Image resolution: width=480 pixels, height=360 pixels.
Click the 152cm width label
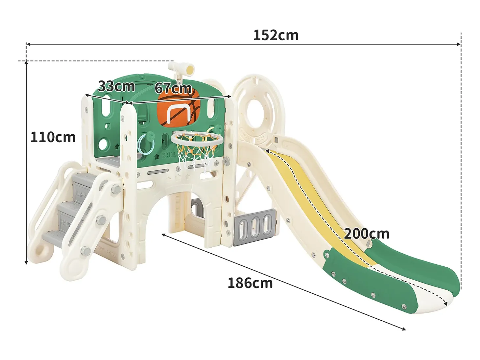[276, 35]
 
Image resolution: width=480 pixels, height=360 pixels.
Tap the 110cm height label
[53, 137]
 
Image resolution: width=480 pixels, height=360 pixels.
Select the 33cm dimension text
[116, 86]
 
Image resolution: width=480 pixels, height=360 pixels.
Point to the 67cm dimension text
[173, 88]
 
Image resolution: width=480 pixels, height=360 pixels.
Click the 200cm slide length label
[367, 234]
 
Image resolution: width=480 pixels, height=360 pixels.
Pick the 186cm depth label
[250, 283]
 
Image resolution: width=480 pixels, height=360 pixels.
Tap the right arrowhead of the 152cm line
[459, 44]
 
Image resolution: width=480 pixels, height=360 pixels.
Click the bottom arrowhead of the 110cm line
[26, 262]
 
